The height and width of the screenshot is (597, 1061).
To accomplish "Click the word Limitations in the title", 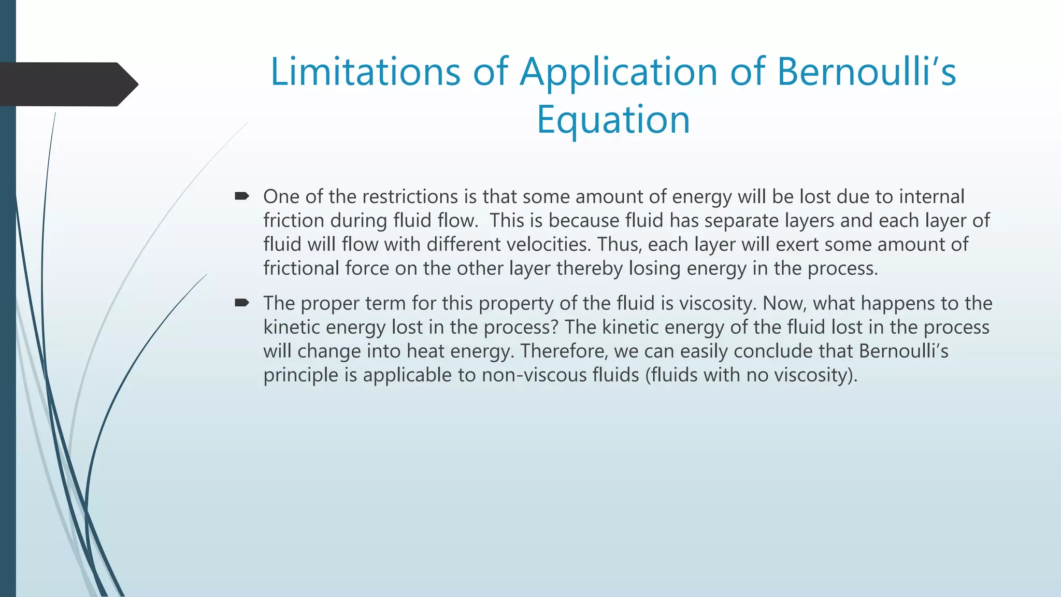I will (x=365, y=72).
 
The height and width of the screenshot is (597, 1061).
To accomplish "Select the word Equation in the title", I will (x=613, y=120).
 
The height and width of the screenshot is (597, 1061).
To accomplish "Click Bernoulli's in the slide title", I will (x=866, y=72).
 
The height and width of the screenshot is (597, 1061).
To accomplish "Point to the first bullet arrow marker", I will (x=242, y=196).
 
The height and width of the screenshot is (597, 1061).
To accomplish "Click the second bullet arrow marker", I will (x=242, y=303).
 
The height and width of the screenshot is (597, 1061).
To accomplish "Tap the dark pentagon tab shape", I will (x=67, y=84).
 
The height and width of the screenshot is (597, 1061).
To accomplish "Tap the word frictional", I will (x=301, y=268).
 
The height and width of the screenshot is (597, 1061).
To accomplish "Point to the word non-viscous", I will (x=527, y=375).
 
